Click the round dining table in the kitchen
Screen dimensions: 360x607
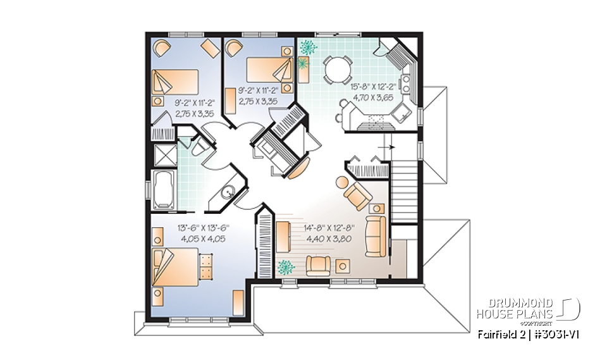(x=336, y=67)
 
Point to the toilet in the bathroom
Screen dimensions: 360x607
(x=197, y=147)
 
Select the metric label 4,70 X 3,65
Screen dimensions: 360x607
(x=374, y=97)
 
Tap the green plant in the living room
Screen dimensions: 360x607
(x=286, y=266)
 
